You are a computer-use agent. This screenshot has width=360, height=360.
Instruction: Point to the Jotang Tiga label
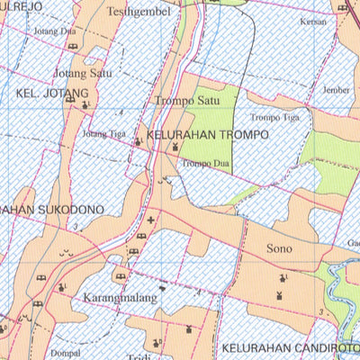(x=104, y=134)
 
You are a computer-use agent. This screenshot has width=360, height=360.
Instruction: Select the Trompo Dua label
(x=202, y=163)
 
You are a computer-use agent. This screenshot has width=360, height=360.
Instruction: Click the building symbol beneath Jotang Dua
(x=72, y=45)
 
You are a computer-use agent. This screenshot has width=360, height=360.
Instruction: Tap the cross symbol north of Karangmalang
(x=150, y=219)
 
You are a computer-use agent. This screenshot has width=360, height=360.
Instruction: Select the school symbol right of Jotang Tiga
(x=138, y=140)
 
